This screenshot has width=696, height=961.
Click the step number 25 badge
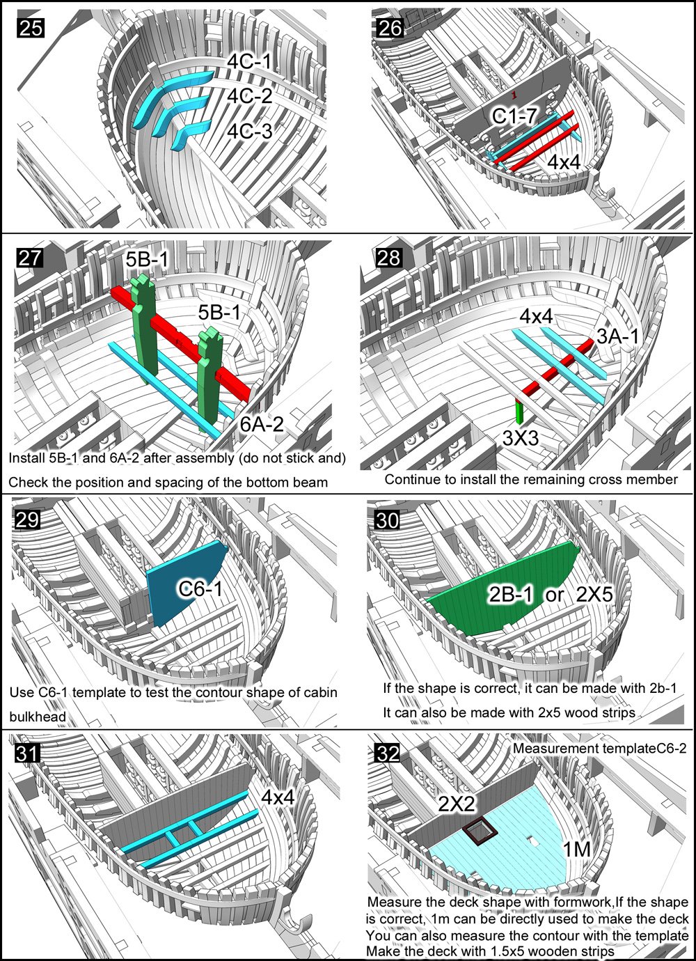point(31,29)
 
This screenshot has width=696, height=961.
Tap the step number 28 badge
point(389,258)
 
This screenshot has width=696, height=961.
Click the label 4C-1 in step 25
point(249,61)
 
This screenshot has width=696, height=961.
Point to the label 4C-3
point(250,131)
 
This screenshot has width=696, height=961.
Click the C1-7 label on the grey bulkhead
point(514,116)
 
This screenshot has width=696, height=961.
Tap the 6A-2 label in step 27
point(262,424)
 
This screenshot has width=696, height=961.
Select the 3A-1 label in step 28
point(617,336)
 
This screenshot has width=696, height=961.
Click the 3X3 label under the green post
point(520,438)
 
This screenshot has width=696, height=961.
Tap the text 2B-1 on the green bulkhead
point(511,595)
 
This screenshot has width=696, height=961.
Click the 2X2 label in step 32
point(457,803)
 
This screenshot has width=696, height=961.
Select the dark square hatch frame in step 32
point(480,831)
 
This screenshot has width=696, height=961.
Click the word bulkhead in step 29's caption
point(38,717)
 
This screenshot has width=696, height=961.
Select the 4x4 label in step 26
point(564,162)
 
